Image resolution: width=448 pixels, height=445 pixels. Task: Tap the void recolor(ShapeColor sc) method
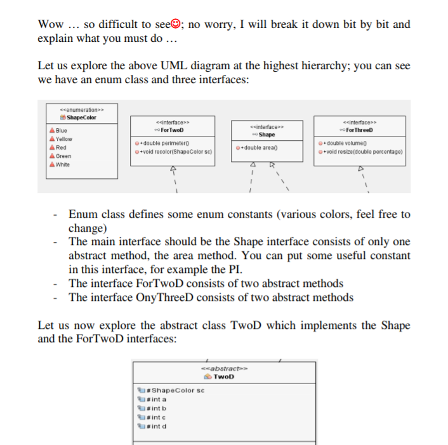pyautogui.click(x=173, y=152)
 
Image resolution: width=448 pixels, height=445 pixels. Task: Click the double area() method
pyautogui.click(x=258, y=148)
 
